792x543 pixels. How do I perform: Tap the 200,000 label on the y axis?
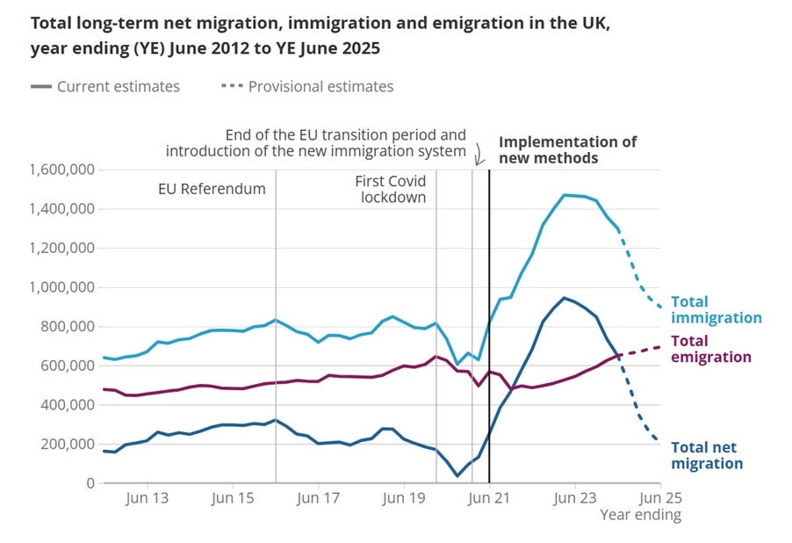click(68, 444)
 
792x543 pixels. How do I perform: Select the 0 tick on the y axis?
click(90, 483)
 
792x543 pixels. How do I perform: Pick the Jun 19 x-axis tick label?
click(403, 498)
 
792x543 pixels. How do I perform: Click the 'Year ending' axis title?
click(640, 515)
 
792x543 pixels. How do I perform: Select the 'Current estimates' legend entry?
click(118, 86)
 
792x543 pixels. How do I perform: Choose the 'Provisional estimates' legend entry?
click(320, 86)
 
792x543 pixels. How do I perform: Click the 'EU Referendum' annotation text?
click(212, 189)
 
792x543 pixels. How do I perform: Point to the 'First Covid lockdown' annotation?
click(391, 189)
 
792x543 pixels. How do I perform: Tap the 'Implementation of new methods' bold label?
click(567, 149)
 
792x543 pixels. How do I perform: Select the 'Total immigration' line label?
click(716, 310)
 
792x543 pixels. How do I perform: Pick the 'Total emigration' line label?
click(711, 349)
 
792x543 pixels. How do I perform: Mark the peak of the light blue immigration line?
click(565, 195)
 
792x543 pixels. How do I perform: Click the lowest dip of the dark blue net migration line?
click(457, 476)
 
